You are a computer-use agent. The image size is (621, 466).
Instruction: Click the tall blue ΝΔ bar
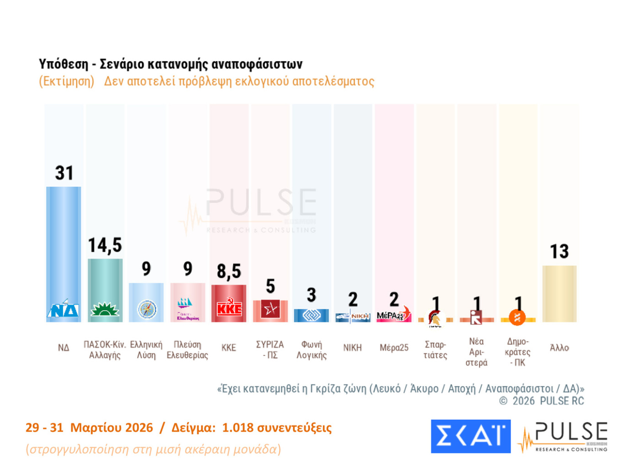click(x=63, y=242)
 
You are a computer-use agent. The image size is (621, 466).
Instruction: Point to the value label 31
click(x=64, y=173)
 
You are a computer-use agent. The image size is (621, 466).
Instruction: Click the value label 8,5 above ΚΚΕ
click(x=229, y=271)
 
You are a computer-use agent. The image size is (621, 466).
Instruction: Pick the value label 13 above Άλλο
click(x=559, y=252)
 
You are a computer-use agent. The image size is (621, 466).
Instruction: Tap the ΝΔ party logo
click(x=63, y=309)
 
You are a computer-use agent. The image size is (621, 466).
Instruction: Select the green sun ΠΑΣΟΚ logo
click(x=105, y=310)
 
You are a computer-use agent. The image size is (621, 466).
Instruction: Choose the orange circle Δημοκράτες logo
click(x=517, y=317)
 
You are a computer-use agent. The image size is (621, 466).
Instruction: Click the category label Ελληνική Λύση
click(x=146, y=350)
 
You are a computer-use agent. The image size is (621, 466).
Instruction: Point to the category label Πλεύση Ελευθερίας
click(x=187, y=350)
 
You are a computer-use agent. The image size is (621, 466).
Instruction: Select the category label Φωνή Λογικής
click(x=311, y=350)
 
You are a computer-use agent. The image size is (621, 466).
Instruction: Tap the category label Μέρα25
click(x=394, y=348)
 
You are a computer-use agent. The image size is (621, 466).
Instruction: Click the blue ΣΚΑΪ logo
click(x=470, y=436)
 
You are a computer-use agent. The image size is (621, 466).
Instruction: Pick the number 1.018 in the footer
click(x=237, y=428)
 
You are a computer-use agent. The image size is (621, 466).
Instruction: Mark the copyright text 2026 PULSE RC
click(x=548, y=401)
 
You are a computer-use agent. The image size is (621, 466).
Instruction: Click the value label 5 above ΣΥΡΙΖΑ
click(x=270, y=286)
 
